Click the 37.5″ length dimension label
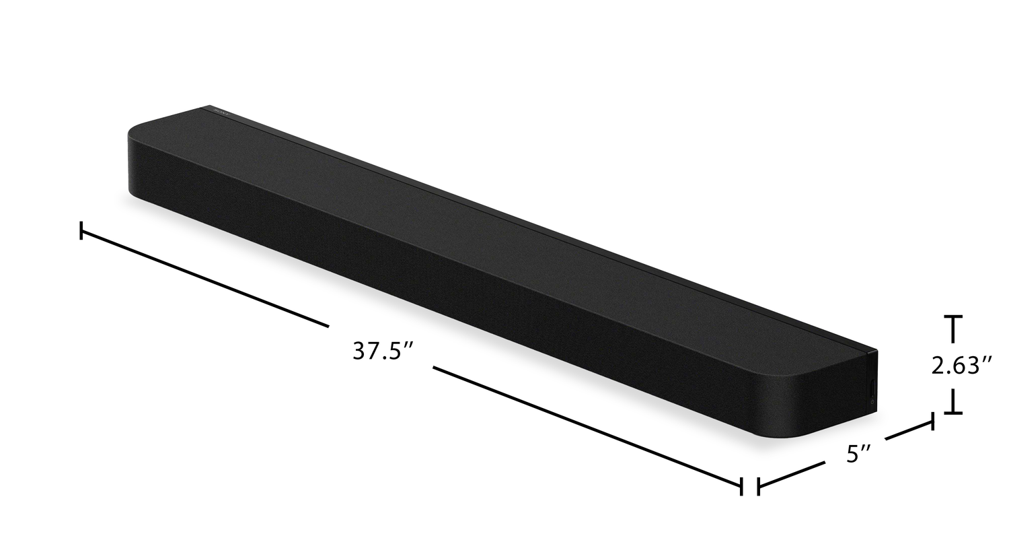pyautogui.click(x=383, y=351)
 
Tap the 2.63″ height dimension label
pyautogui.click(x=962, y=366)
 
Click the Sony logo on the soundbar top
pyautogui.click(x=221, y=112)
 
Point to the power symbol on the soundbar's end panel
pyautogui.click(x=872, y=401)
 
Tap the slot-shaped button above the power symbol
pyautogui.click(x=872, y=387)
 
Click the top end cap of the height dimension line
pyautogui.click(x=952, y=318)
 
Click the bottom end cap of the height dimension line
pyautogui.click(x=952, y=412)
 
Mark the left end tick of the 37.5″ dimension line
pyautogui.click(x=81, y=230)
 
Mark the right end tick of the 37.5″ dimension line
pyautogui.click(x=741, y=486)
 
